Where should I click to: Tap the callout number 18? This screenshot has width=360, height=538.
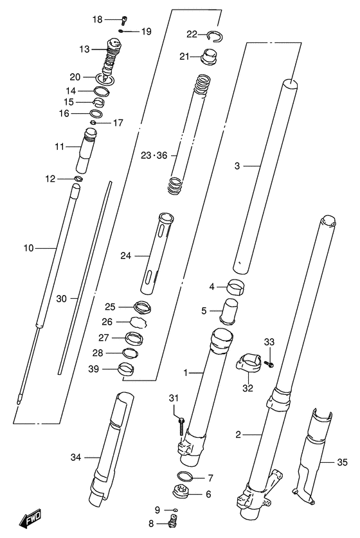97,20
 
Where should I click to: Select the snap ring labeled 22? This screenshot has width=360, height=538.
214,37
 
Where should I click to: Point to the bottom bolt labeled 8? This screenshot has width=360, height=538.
171,525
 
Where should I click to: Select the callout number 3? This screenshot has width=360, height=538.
237,166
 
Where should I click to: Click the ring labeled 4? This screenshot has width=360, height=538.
237,286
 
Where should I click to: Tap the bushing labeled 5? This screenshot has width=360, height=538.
231,310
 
